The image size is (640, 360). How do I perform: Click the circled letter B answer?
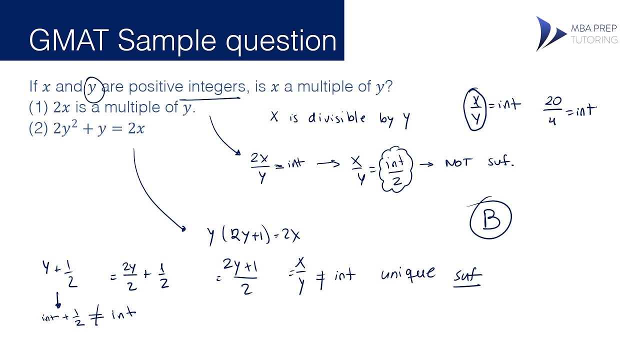(491, 219)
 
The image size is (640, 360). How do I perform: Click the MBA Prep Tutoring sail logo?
(549, 33)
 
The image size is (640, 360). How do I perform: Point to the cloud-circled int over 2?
(396, 169)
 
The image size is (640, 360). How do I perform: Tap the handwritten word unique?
(407, 273)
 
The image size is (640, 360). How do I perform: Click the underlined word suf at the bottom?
(467, 276)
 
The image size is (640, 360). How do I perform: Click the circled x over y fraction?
(476, 109)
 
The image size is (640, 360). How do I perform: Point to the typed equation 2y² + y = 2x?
(99, 129)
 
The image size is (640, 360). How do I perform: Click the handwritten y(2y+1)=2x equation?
(254, 234)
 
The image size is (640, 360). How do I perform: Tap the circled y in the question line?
(93, 87)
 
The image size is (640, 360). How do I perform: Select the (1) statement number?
(38, 107)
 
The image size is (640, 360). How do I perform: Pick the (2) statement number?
(38, 129)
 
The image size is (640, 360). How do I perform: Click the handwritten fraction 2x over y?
(260, 167)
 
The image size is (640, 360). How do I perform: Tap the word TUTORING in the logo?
(594, 40)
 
